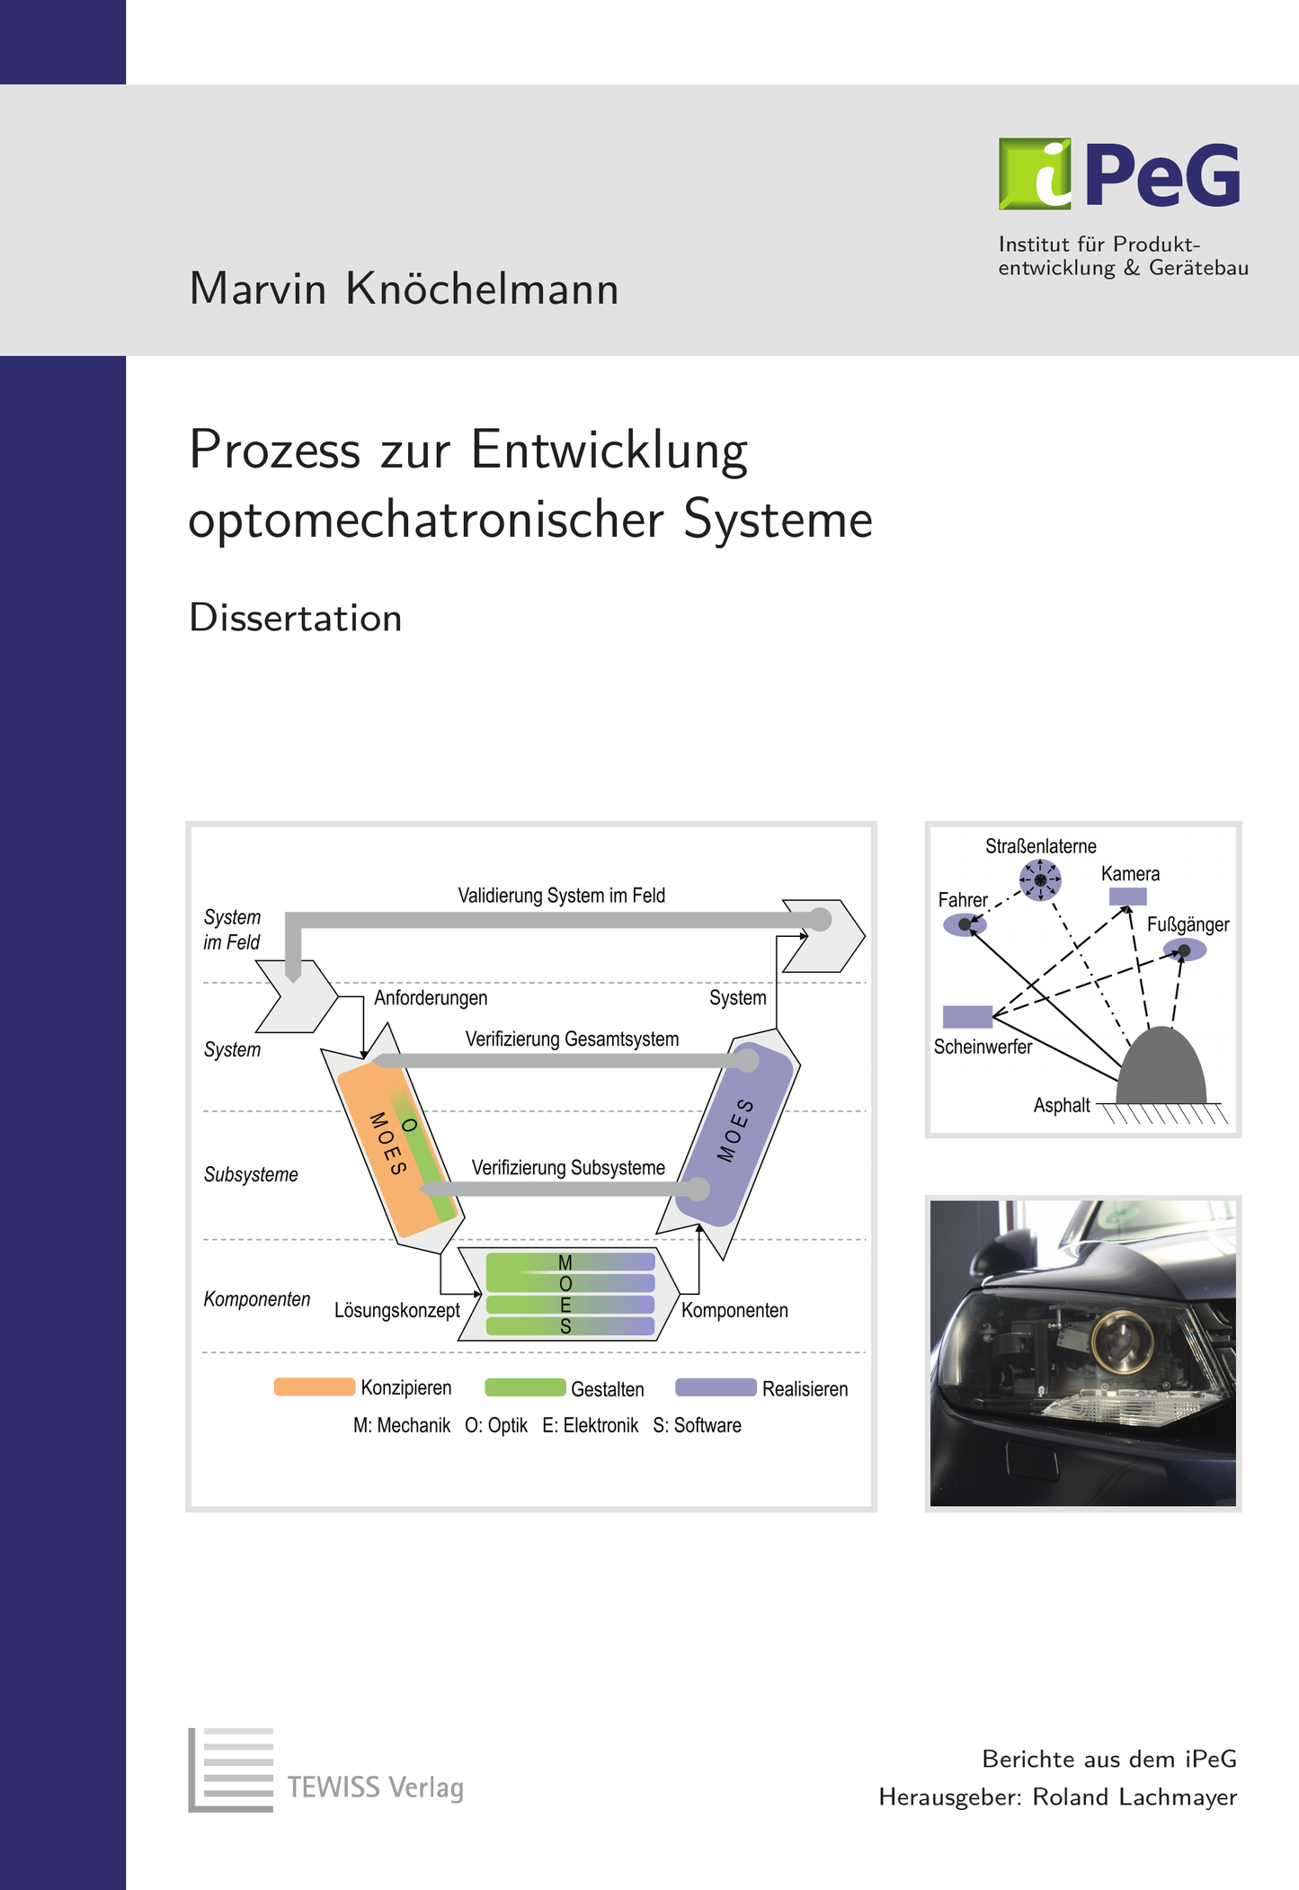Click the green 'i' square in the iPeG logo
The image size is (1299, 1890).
click(x=1035, y=174)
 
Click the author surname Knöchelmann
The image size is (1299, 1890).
click(x=482, y=290)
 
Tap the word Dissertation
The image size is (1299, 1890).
click(x=295, y=618)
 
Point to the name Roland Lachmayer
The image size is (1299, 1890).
click(x=1134, y=1796)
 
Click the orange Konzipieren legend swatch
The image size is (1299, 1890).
click(x=314, y=1386)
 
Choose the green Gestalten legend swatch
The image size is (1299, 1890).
click(x=525, y=1387)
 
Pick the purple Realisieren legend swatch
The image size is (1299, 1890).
click(x=716, y=1387)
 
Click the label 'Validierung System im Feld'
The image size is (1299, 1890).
click(x=561, y=896)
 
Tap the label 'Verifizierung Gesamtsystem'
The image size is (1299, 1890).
click(x=572, y=1039)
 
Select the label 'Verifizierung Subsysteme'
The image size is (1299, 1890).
click(x=568, y=1168)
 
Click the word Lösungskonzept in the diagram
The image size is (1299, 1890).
click(x=397, y=1310)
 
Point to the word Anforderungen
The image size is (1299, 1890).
click(x=431, y=998)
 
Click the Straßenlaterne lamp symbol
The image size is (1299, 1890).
click(x=1040, y=879)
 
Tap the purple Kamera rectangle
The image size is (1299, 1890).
click(x=1127, y=896)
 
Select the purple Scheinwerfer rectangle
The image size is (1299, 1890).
click(x=967, y=1016)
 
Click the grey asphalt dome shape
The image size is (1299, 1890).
click(x=1161, y=1068)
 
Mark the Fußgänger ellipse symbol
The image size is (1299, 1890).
click(x=1185, y=950)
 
